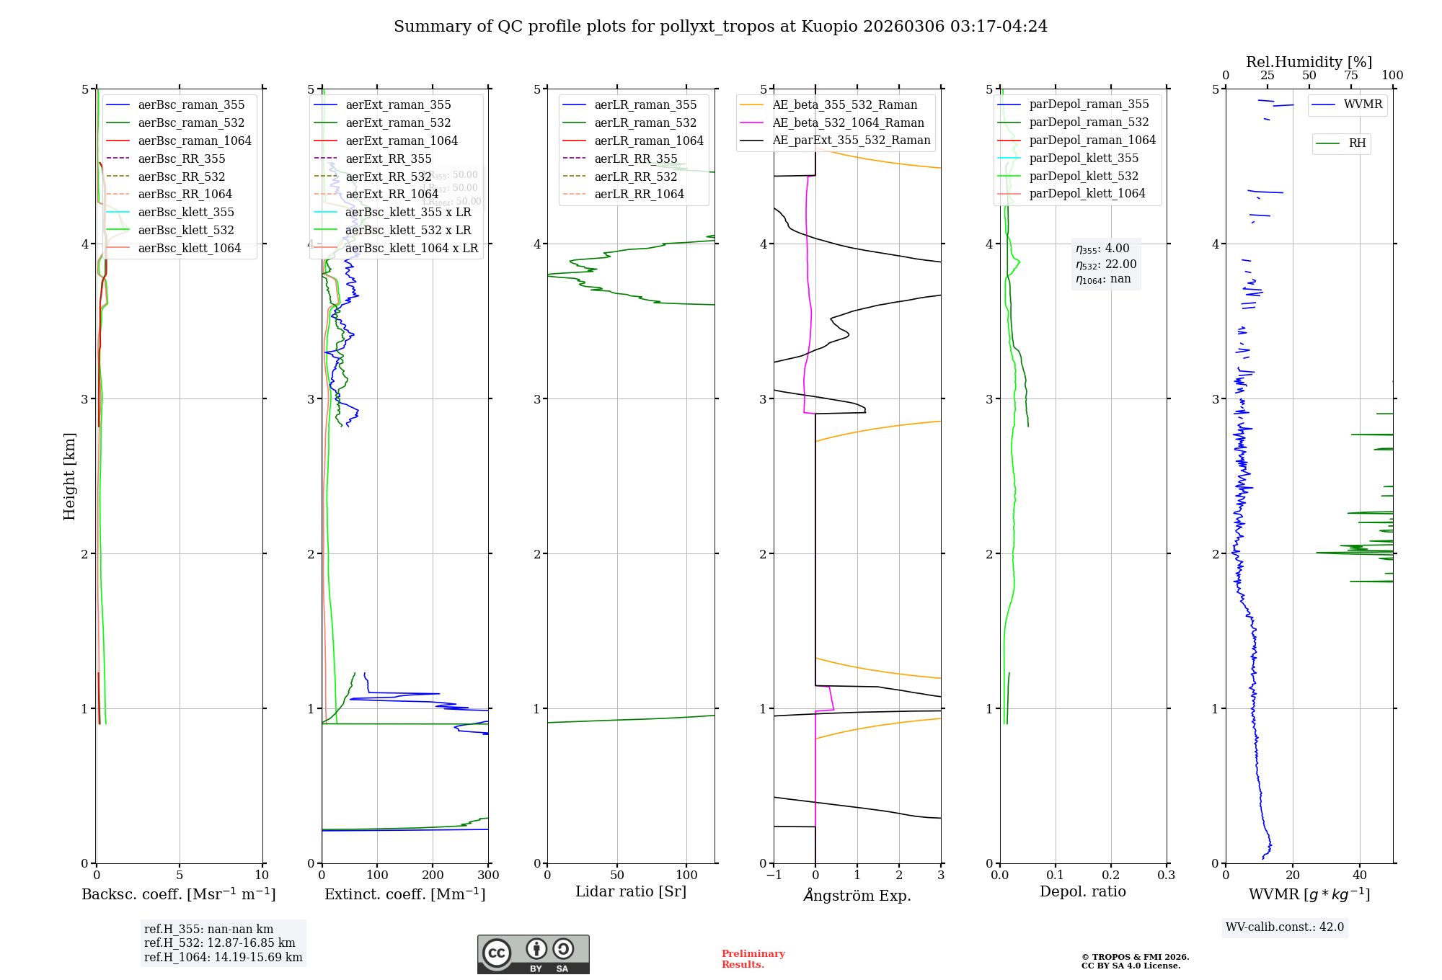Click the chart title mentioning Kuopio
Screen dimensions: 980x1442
[720, 27]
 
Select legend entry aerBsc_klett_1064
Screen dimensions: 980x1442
[189, 248]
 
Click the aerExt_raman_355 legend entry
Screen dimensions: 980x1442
[398, 105]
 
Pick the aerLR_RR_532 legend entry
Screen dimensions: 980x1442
[635, 177]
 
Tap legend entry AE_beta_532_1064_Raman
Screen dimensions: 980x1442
[848, 122]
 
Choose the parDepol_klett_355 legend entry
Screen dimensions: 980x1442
[1083, 158]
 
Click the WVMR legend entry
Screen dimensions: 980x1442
[1363, 104]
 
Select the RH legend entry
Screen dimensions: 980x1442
[1357, 143]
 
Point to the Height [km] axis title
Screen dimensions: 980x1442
[69, 476]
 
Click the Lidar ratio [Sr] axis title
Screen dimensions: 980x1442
[631, 891]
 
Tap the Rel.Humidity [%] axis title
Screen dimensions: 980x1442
[1309, 62]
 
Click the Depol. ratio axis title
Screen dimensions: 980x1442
[1082, 891]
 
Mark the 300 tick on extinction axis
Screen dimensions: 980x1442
[488, 875]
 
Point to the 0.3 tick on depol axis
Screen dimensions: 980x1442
[1166, 875]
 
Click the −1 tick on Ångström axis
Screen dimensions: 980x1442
[774, 875]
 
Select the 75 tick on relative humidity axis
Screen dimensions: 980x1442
[1350, 76]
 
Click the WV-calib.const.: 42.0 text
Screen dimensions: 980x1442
[1285, 927]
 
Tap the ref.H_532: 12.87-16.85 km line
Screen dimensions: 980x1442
[219, 943]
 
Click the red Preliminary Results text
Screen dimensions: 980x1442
[753, 959]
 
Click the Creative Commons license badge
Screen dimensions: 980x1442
[533, 954]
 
